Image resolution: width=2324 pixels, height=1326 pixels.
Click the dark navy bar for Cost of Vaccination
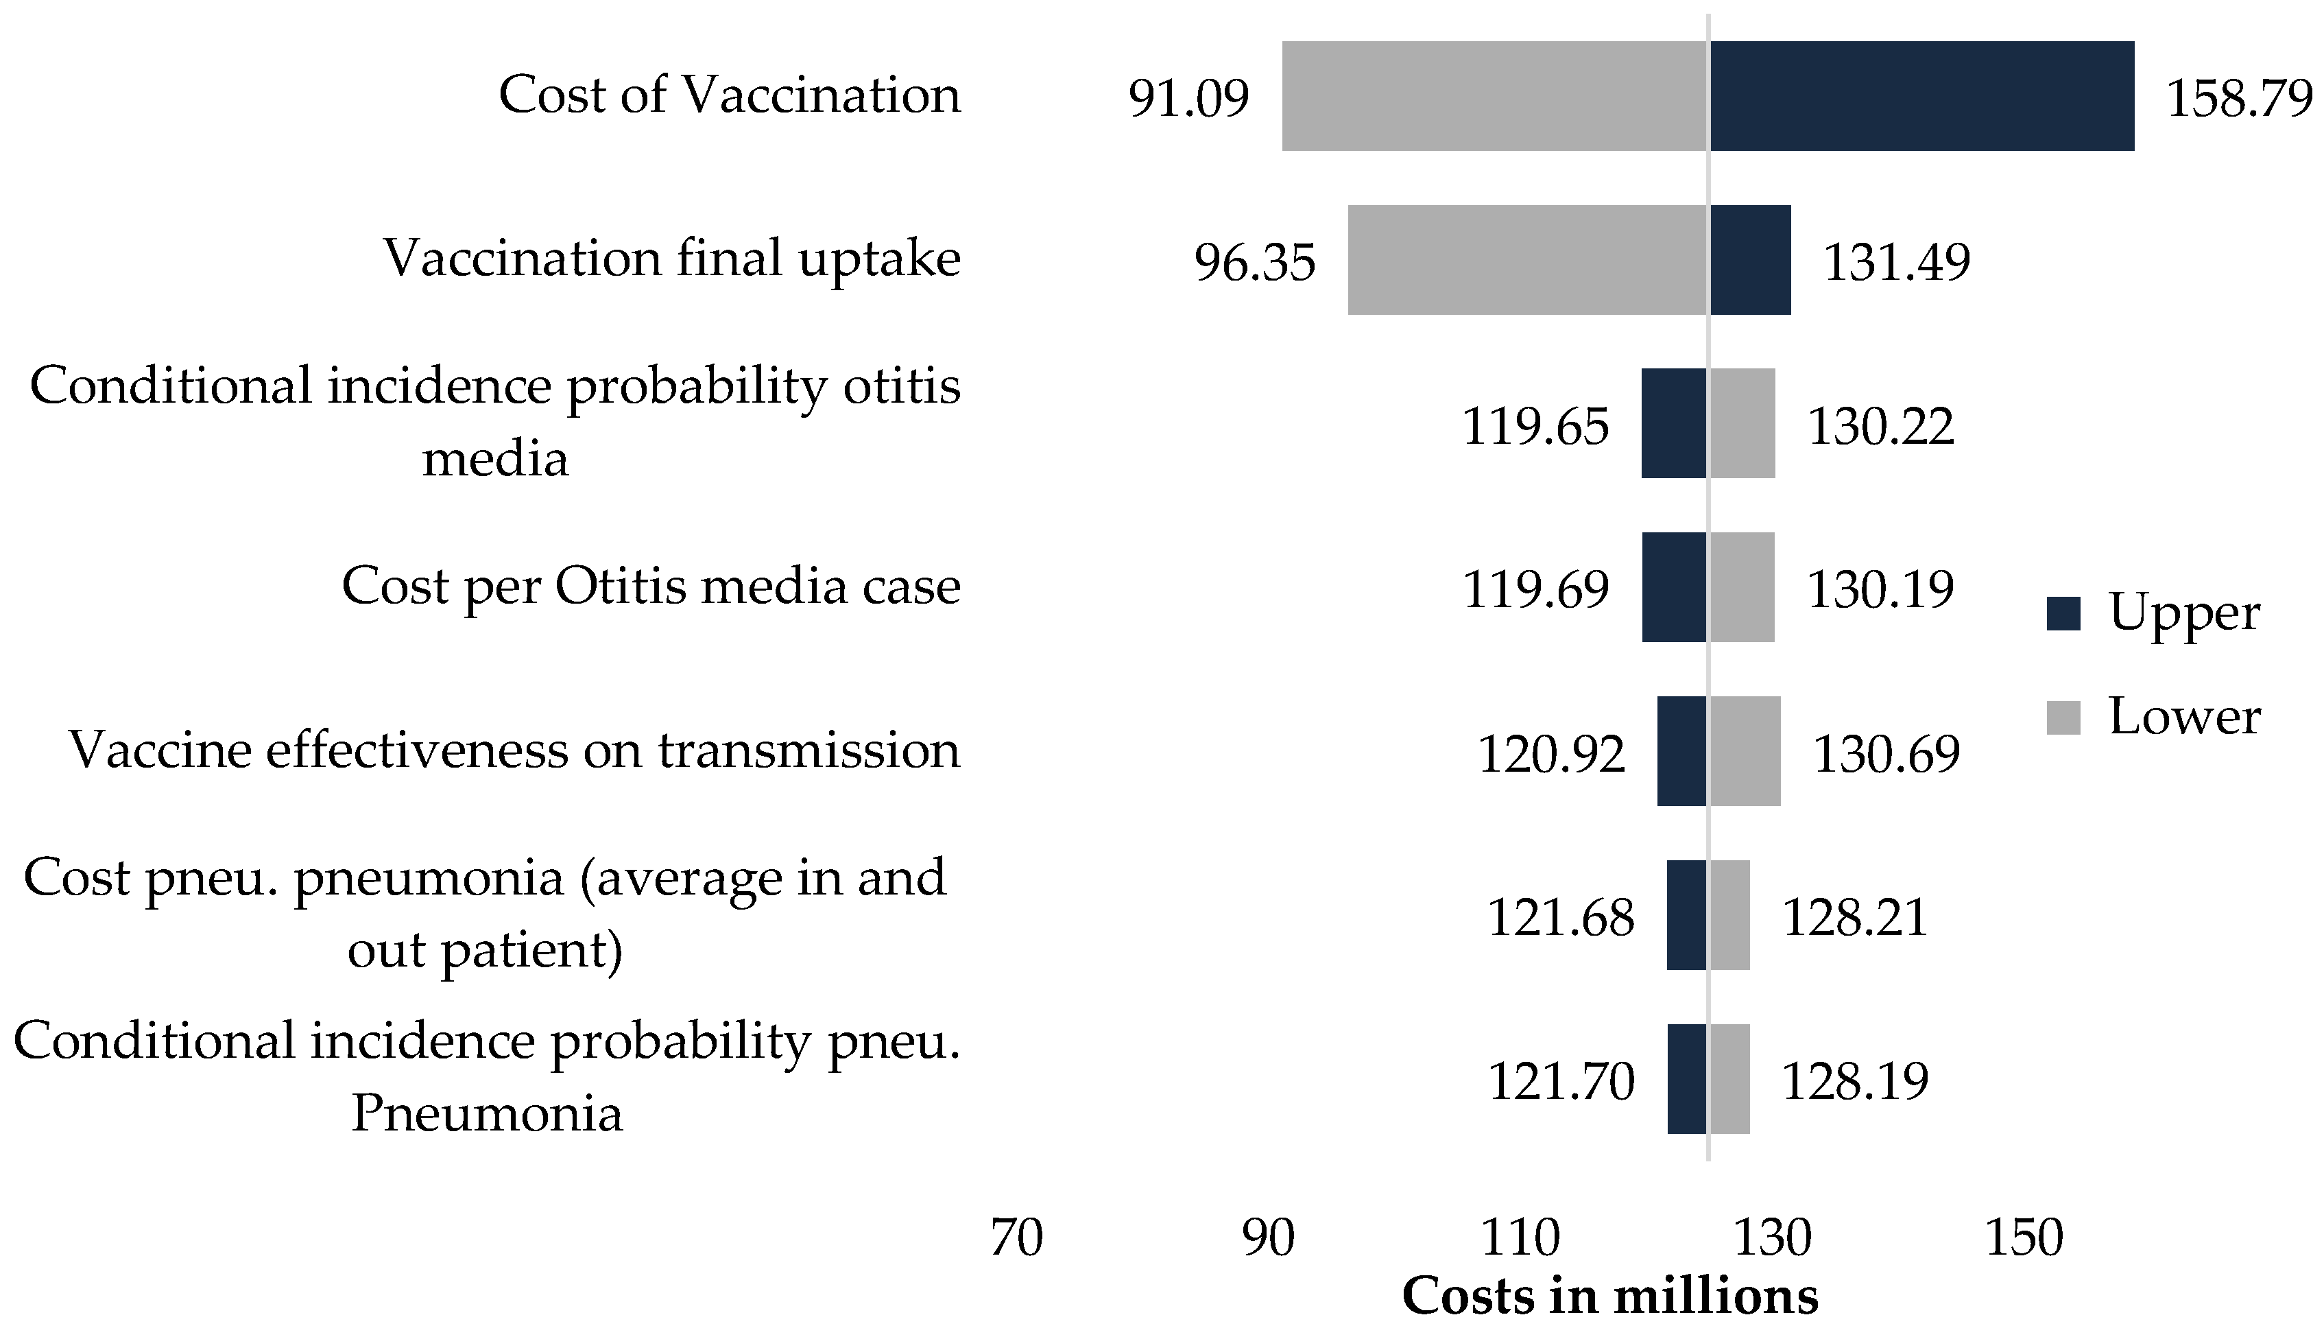1921,95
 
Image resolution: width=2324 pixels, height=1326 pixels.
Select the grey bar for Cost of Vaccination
1495,95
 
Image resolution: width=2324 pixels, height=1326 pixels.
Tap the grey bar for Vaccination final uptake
1527,259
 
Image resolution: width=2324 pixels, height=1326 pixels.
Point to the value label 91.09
1189,98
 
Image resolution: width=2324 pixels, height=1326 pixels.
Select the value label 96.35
1256,262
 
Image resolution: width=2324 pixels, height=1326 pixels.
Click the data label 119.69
1535,589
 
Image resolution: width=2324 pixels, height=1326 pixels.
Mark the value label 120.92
1551,754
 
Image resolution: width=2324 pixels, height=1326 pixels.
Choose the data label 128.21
1855,917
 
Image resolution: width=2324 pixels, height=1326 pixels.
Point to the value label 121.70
1561,1082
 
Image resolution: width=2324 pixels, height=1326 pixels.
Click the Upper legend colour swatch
2063,613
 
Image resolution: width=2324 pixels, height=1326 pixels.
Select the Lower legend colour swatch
2063,717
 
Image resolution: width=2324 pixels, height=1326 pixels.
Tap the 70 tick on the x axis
1016,1239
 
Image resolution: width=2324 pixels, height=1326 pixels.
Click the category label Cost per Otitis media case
651,587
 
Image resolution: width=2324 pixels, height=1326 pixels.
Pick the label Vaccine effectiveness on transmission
514,750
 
